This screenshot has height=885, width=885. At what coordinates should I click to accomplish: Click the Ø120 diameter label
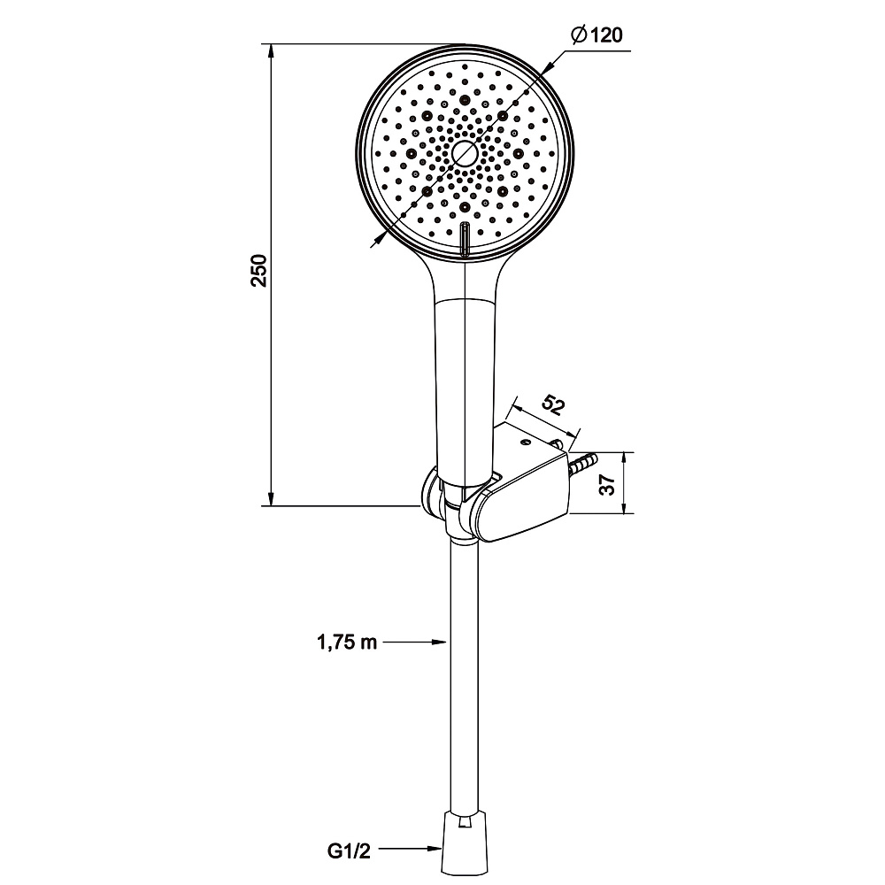pyautogui.click(x=596, y=35)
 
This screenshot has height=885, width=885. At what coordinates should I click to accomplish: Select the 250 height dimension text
pyautogui.click(x=259, y=271)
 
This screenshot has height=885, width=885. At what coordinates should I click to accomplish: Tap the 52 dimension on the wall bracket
pyautogui.click(x=553, y=405)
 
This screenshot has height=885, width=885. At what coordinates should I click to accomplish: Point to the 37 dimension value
pyautogui.click(x=607, y=484)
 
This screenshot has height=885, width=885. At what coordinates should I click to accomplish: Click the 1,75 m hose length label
pyautogui.click(x=347, y=643)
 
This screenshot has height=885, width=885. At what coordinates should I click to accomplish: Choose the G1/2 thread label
pyautogui.click(x=349, y=850)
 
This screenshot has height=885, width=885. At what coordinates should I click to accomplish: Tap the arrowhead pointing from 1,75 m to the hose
pyautogui.click(x=439, y=642)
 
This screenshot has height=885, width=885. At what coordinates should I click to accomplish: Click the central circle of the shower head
pyautogui.click(x=465, y=153)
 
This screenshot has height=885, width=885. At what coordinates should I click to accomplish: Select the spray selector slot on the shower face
pyautogui.click(x=465, y=239)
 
